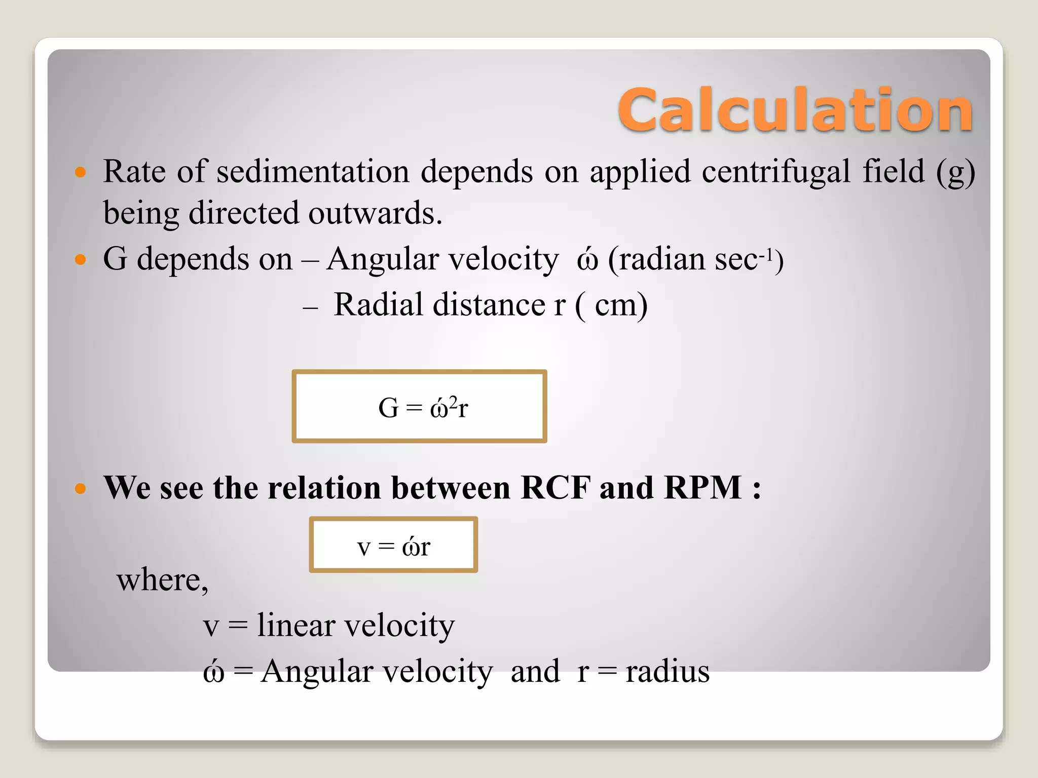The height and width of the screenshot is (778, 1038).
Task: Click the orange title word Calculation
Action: click(795, 109)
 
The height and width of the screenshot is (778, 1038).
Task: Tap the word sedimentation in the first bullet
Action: click(313, 171)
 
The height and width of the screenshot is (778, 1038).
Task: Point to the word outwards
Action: click(375, 213)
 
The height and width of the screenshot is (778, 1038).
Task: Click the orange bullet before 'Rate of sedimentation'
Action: click(80, 172)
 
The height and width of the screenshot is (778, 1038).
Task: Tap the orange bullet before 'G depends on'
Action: click(80, 260)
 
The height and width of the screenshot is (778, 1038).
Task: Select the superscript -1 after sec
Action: click(766, 252)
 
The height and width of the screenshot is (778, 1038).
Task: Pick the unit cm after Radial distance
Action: click(615, 305)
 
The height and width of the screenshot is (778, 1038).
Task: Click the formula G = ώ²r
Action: click(423, 407)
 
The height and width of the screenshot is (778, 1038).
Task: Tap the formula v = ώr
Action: click(393, 547)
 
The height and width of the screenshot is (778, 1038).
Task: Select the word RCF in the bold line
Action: click(555, 488)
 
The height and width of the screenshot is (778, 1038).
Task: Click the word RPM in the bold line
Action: click(702, 488)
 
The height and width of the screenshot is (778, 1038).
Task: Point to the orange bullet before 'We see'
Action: click(80, 489)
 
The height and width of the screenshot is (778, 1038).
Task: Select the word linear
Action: click(296, 625)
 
